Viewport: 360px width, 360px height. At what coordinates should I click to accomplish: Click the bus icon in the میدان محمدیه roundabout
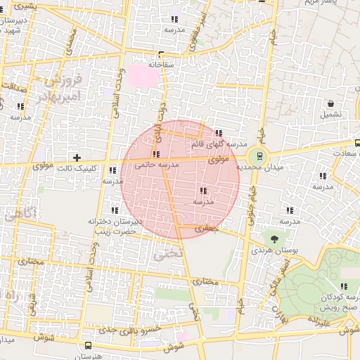[x=259, y=156]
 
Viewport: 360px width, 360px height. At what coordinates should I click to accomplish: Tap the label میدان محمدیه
[x=258, y=168]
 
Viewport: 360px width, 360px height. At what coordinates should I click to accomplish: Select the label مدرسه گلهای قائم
[x=218, y=144]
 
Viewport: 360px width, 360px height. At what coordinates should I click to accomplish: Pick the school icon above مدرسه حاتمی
[x=155, y=154]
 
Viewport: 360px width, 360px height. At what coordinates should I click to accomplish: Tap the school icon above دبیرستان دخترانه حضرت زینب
[x=115, y=210]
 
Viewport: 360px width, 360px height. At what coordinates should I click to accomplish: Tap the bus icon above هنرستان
[x=88, y=345]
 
